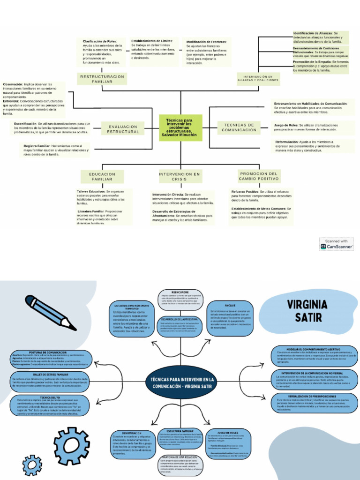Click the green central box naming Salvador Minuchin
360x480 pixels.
point(180,127)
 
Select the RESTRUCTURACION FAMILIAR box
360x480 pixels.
point(102,79)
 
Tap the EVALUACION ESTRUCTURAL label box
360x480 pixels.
point(123,129)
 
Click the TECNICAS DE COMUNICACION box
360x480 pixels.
point(239,127)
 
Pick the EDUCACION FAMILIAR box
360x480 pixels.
point(102,177)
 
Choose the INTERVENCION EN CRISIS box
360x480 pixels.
point(179,177)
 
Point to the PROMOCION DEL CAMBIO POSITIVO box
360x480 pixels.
point(258,176)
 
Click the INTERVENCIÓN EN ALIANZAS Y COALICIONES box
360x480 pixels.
point(258,79)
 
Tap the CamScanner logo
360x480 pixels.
point(337,244)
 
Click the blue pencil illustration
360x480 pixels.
point(50,312)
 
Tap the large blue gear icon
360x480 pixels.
point(71,446)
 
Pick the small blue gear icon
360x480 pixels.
point(32,465)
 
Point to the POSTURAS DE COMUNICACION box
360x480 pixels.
point(51,358)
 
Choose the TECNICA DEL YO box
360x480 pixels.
point(50,405)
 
